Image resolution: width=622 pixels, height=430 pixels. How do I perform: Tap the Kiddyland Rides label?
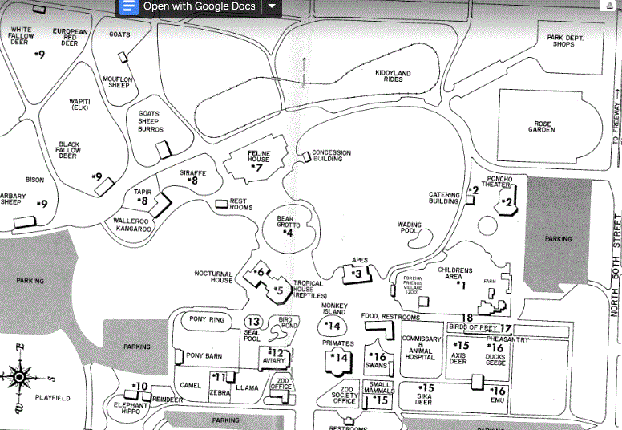[x=393, y=77]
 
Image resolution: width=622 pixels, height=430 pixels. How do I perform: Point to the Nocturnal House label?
[x=213, y=277]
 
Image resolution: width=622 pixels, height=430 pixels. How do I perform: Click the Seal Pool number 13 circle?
[x=253, y=322]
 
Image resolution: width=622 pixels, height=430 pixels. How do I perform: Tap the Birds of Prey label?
[x=472, y=327]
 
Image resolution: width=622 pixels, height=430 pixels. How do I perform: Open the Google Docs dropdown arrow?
[x=272, y=6]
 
